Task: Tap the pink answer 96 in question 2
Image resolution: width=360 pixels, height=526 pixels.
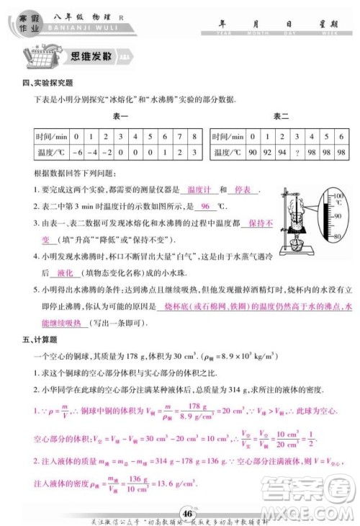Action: point(204,207)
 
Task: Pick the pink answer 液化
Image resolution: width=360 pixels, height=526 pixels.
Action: point(66,273)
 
